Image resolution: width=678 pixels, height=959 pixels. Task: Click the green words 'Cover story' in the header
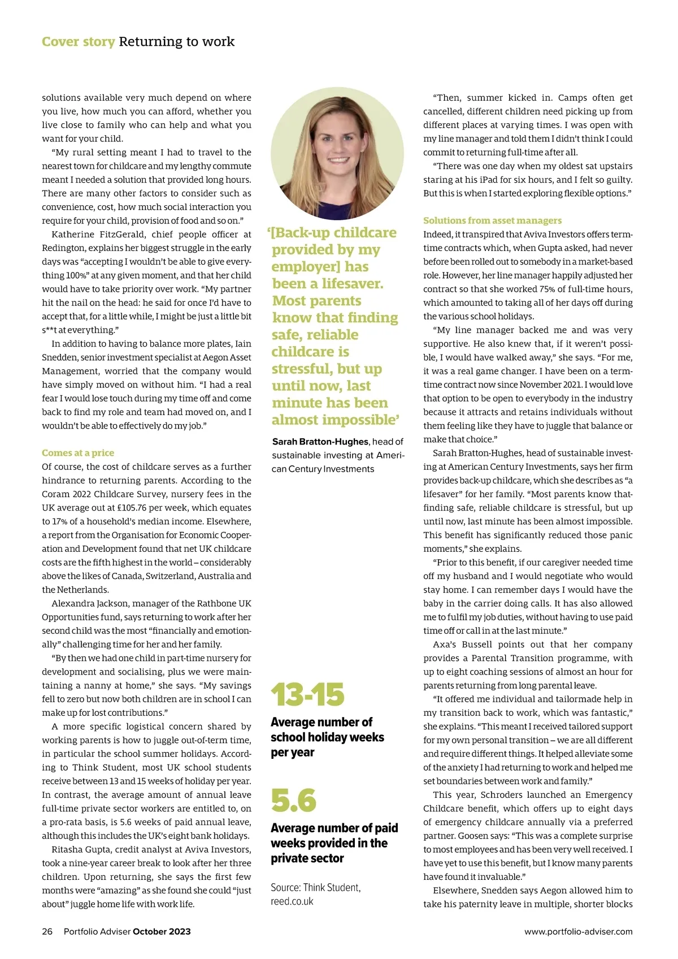click(78, 42)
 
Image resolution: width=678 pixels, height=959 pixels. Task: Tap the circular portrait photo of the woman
click(337, 153)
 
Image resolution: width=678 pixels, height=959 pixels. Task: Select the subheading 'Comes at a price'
click(78, 453)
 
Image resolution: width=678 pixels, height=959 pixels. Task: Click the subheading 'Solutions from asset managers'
click(492, 221)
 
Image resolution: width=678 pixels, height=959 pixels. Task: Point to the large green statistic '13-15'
click(307, 695)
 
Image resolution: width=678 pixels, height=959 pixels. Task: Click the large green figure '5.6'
click(294, 801)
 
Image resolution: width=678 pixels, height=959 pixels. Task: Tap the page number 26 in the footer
click(47, 932)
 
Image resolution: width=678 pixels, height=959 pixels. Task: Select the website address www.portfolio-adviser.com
click(578, 932)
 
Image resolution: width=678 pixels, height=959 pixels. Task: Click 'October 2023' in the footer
click(162, 932)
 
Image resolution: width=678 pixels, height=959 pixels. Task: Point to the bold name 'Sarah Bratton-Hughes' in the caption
click(320, 442)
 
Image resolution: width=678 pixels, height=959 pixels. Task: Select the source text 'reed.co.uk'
click(292, 901)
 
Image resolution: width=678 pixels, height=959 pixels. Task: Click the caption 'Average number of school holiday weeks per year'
click(327, 737)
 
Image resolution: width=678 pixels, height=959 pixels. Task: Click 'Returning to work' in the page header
click(176, 42)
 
